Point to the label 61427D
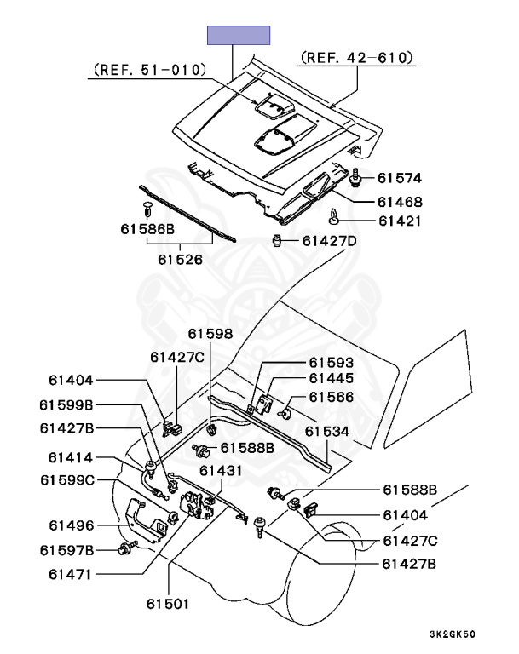(x=329, y=241)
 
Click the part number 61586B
(x=147, y=229)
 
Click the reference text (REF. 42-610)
(x=356, y=58)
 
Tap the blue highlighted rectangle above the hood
(x=239, y=35)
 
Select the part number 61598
(x=210, y=334)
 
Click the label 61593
(x=331, y=362)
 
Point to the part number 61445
(x=331, y=379)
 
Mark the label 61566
(x=331, y=397)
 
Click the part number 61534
(x=327, y=432)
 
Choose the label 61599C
(x=66, y=480)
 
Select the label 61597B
(x=66, y=550)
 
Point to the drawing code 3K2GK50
(x=452, y=635)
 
